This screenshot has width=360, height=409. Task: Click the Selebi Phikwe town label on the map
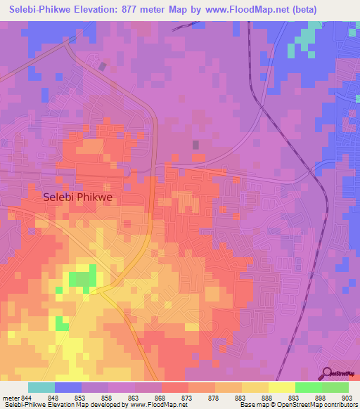[82, 198]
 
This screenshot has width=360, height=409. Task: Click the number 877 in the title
[128, 10]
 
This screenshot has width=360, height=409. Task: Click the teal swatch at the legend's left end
[41, 387]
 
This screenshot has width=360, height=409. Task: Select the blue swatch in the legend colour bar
[67, 387]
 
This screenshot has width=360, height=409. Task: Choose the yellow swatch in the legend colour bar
[281, 387]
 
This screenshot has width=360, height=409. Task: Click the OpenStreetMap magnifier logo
[327, 372]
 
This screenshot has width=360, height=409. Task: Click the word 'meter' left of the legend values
[11, 397]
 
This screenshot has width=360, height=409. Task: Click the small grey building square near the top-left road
[103, 67]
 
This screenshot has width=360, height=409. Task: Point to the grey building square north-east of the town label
[195, 145]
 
